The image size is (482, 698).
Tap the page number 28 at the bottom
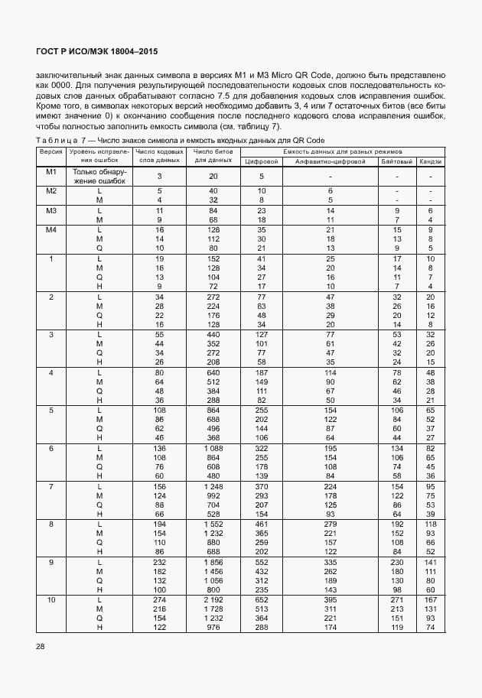(41, 647)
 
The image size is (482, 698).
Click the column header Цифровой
(260, 161)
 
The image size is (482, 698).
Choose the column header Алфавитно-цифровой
(331, 161)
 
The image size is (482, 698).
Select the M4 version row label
(51, 229)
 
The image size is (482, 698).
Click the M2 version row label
(51, 190)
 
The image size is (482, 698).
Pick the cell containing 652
(261, 600)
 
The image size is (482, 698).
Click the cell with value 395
(331, 600)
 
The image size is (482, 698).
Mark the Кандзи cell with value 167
(431, 600)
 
